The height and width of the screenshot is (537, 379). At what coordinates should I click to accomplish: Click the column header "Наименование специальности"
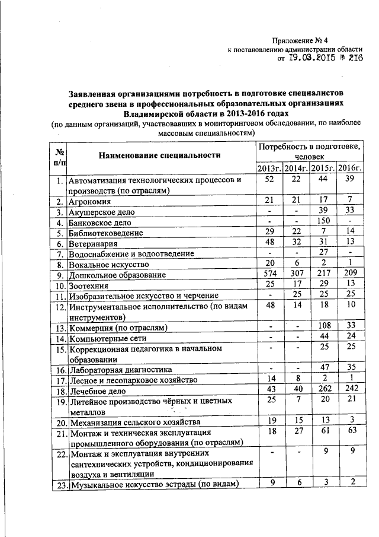(160, 155)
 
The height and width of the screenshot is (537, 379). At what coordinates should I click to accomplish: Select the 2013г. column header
(269, 169)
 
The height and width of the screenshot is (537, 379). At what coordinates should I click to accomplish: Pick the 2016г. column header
(350, 169)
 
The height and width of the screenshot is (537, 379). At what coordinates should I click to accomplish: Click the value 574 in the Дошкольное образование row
(270, 274)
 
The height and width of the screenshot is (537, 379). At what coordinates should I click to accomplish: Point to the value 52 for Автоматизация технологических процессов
(270, 180)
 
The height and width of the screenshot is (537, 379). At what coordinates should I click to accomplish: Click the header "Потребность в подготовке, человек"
(310, 151)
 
